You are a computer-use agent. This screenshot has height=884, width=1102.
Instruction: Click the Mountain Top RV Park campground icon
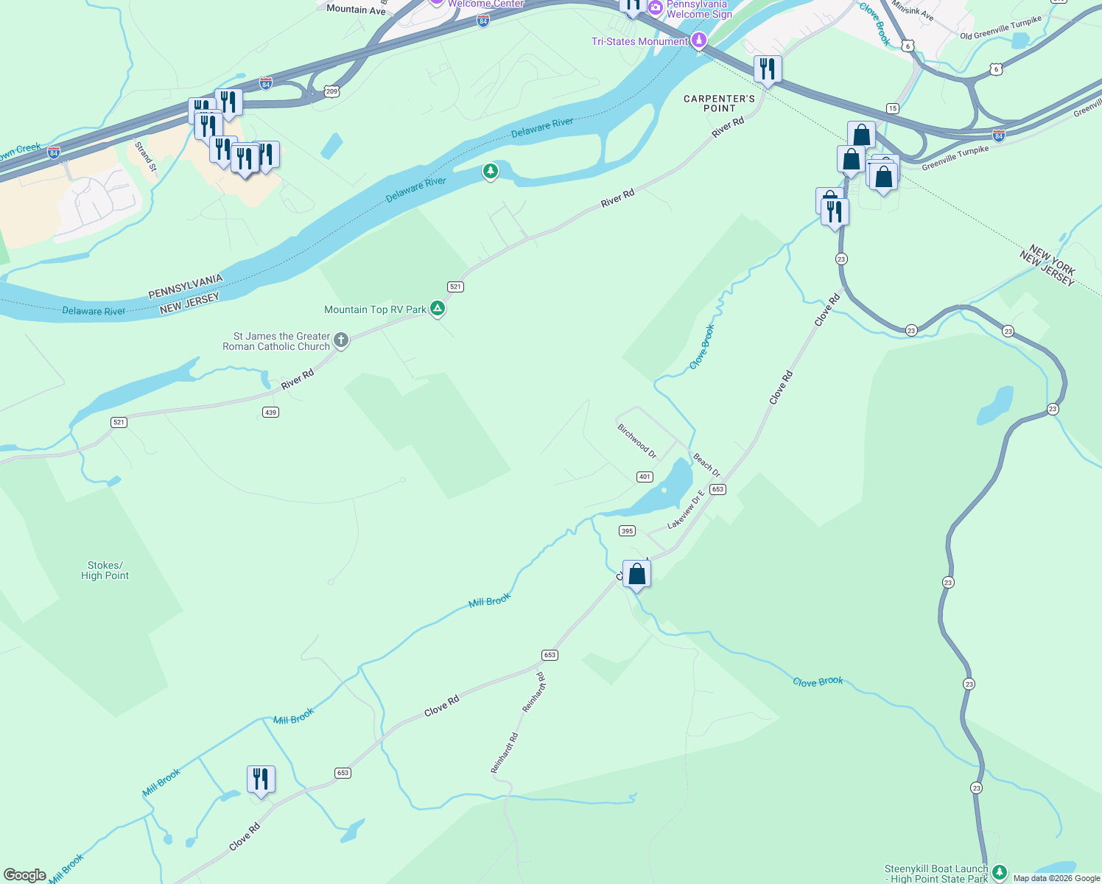pos(438,309)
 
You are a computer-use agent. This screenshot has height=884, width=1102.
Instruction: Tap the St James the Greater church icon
pos(340,340)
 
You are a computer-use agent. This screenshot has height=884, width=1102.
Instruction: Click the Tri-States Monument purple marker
pos(699,41)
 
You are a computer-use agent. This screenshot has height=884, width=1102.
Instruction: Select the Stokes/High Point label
pos(105,571)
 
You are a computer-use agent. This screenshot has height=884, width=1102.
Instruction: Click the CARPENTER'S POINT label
pos(719,103)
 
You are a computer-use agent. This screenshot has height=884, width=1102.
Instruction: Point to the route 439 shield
pos(270,413)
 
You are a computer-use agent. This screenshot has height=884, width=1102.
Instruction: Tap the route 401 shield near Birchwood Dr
pos(645,477)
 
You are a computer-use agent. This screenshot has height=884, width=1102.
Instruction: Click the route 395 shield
pos(627,530)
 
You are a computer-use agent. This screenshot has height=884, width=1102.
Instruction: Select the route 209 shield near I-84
pos(331,91)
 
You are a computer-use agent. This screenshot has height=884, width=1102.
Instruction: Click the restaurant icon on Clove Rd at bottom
pos(261,779)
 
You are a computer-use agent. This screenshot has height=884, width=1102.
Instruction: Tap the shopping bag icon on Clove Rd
pos(636,574)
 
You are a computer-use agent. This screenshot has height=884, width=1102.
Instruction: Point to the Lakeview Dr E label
pos(685,510)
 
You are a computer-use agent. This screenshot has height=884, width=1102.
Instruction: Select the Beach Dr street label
pos(706,466)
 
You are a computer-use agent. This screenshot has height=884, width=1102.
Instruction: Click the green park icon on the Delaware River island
pos(491,172)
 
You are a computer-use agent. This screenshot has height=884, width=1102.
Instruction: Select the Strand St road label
pos(146,156)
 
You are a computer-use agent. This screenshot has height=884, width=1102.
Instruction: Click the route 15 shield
pos(892,108)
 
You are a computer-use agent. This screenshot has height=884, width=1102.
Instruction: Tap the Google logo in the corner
pos(25,875)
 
